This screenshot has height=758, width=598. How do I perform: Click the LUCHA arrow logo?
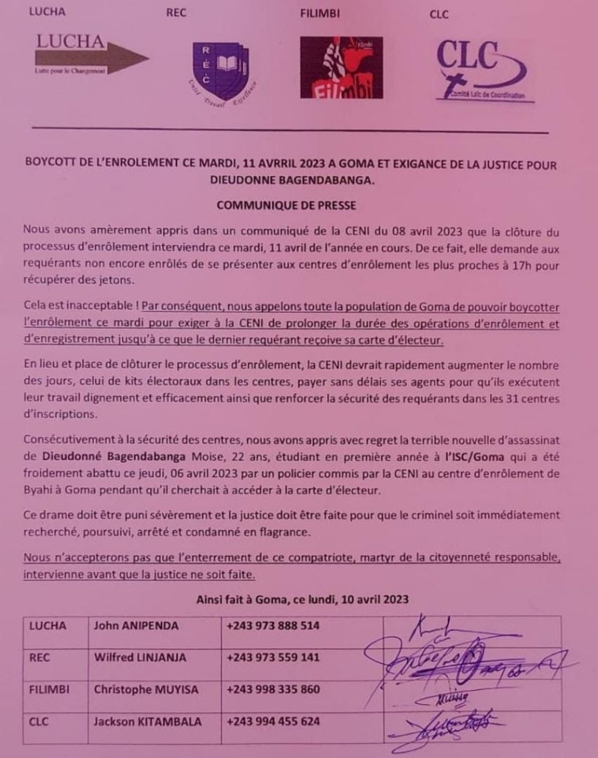point(90,55)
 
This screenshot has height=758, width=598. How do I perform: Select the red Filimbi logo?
point(341,67)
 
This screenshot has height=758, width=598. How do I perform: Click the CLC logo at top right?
point(480,70)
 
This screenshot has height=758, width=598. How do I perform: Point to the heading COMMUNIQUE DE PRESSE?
point(285,204)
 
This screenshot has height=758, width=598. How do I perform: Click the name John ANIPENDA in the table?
point(136,625)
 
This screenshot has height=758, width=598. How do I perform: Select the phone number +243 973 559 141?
point(273,657)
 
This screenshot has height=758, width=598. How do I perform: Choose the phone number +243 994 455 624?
point(273,721)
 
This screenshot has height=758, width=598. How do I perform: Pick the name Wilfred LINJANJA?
point(140,657)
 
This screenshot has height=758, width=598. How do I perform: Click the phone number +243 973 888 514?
point(273,625)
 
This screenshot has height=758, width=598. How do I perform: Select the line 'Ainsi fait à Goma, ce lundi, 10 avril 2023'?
point(303,599)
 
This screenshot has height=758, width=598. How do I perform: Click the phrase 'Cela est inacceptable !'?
point(80,306)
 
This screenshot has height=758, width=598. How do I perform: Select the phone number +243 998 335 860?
point(273,689)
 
